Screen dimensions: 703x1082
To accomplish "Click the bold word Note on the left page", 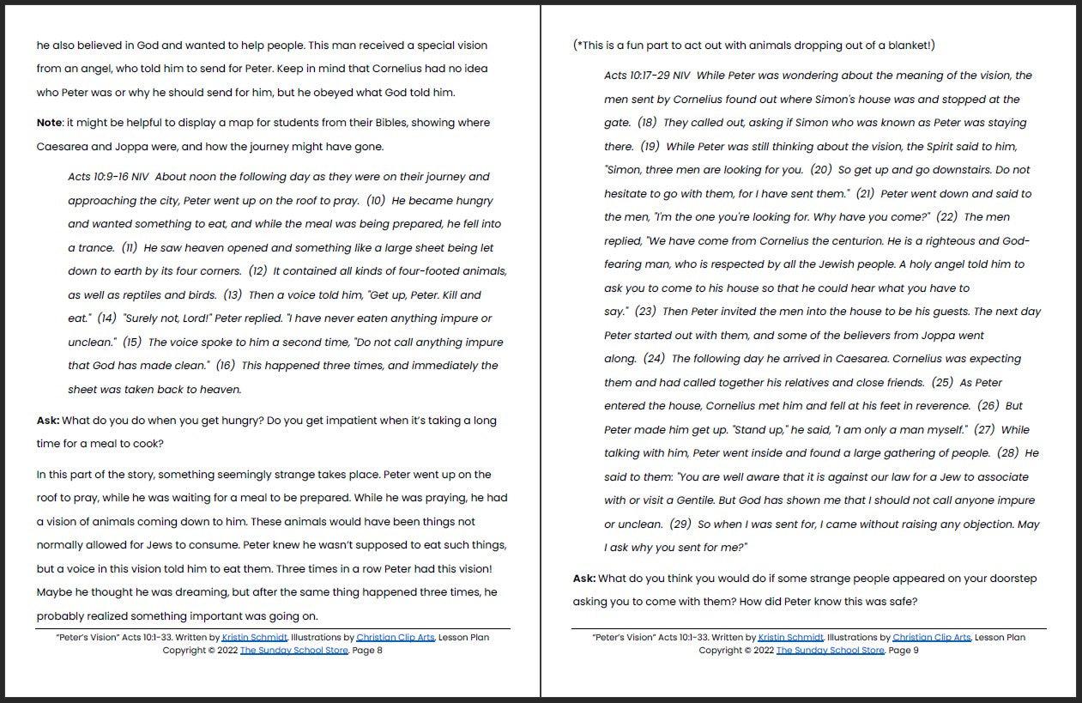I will pyautogui.click(x=49, y=123).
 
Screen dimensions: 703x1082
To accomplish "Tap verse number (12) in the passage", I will pyautogui.click(x=258, y=271).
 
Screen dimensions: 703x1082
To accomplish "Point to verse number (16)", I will pyautogui.click(x=225, y=366).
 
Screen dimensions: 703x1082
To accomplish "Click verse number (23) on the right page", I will pyautogui.click(x=645, y=312).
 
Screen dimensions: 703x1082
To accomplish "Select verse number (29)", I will pyautogui.click(x=680, y=524).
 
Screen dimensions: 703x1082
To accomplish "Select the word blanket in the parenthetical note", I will pyautogui.click(x=904, y=45).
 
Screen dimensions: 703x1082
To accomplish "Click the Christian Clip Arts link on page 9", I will pyautogui.click(x=931, y=638).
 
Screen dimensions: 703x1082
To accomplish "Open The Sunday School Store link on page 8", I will pyautogui.click(x=294, y=651).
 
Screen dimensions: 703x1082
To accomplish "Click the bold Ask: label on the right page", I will pyautogui.click(x=584, y=579).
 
